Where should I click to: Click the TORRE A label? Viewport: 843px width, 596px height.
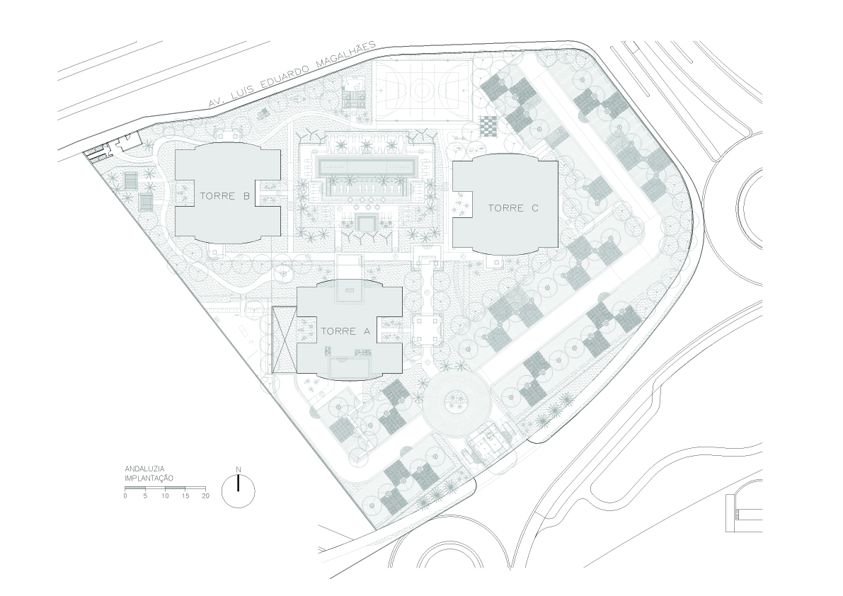tap(345, 331)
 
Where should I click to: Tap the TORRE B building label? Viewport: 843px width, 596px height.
tap(224, 196)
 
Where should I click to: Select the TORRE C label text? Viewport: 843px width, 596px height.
tap(512, 208)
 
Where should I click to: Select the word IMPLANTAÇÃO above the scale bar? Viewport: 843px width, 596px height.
tap(149, 477)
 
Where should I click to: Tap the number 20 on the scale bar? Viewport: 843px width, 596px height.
tap(205, 495)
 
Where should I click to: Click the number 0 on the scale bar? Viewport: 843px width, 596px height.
tap(125, 495)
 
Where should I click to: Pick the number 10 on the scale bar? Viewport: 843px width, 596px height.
tap(164, 495)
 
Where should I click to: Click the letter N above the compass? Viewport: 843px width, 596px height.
tap(238, 470)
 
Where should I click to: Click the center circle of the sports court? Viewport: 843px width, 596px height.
tap(422, 88)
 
